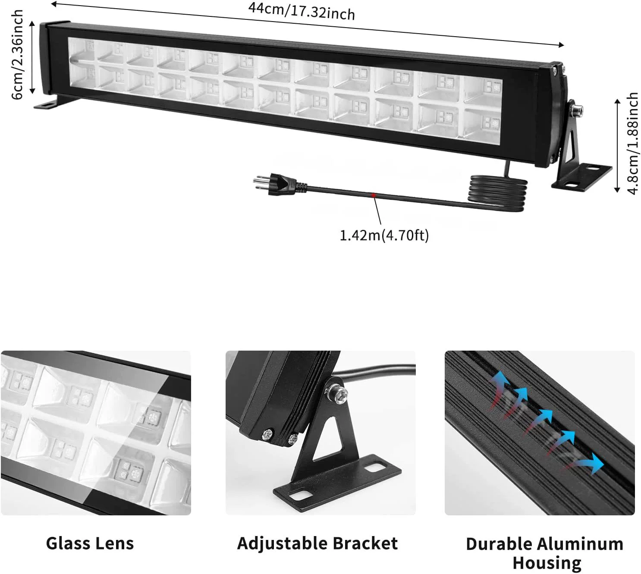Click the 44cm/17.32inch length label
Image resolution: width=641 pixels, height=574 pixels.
point(301,11)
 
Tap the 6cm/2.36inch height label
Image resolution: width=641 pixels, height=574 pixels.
point(17,54)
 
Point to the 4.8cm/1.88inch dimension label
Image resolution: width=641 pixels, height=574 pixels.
point(632,143)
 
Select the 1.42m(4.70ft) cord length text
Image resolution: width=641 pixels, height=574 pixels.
point(384,235)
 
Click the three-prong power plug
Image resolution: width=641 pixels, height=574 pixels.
point(280,185)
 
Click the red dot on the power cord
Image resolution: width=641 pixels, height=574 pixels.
point(374,195)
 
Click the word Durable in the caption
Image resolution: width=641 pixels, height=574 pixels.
point(499,544)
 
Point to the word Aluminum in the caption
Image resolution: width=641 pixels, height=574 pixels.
point(580,544)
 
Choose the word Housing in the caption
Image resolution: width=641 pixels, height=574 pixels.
point(547,563)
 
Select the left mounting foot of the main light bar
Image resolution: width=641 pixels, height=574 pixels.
point(47,104)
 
